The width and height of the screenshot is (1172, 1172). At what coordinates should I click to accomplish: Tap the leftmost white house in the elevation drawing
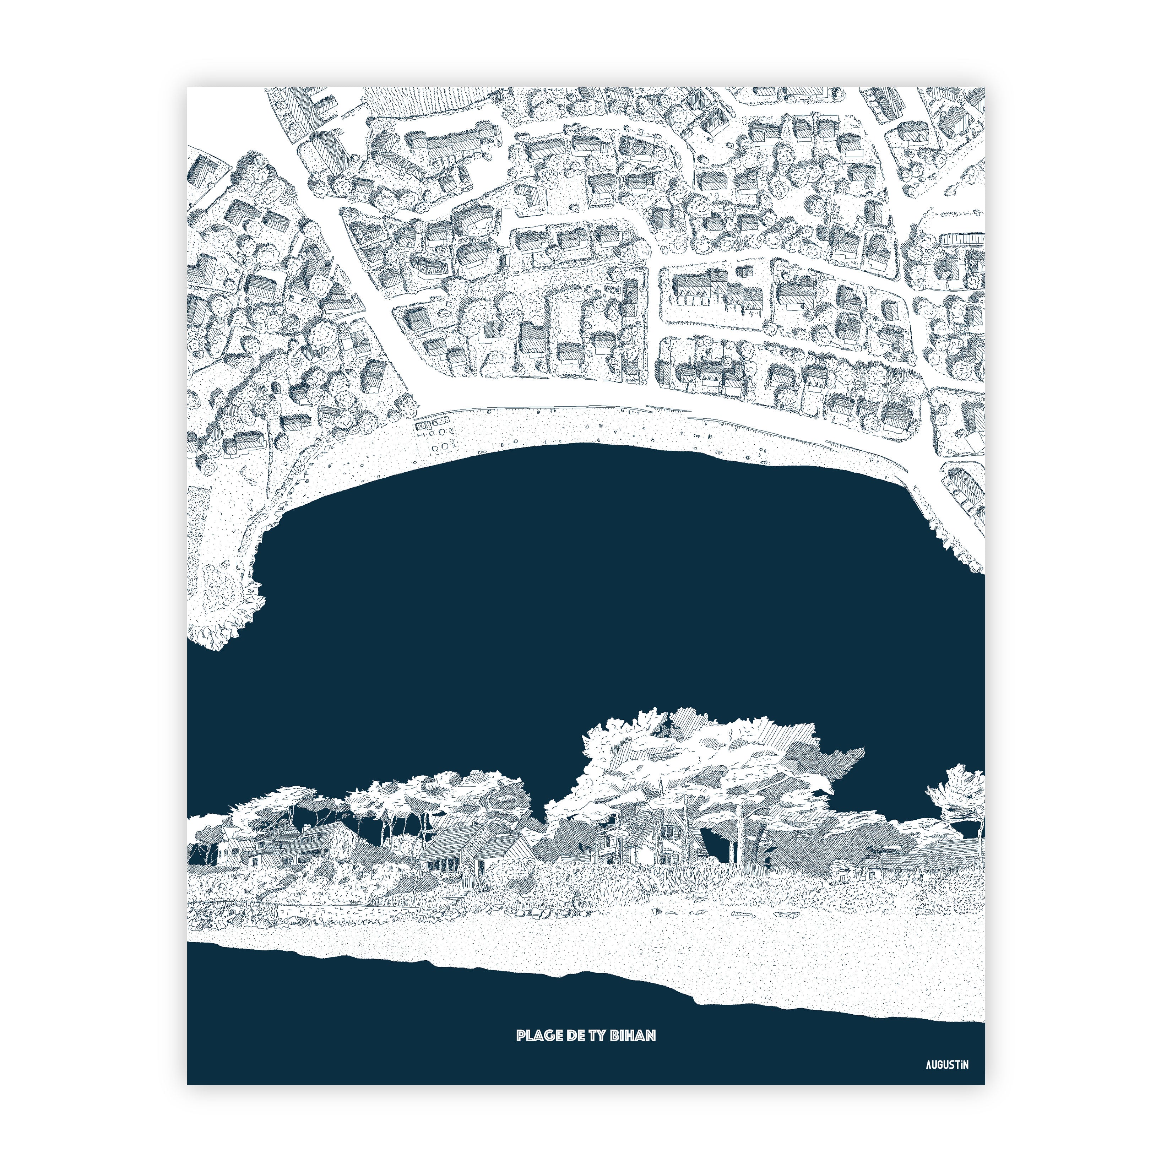tap(228, 849)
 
